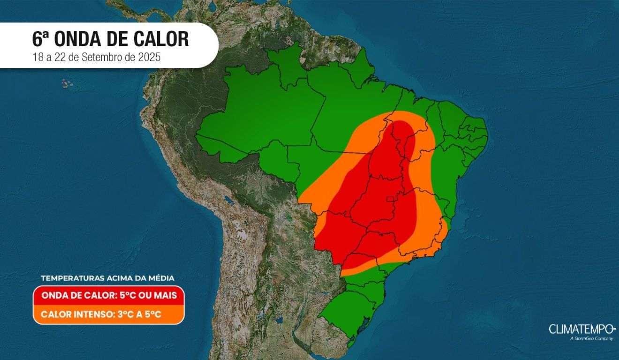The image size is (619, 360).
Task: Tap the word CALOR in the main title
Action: tap(162, 39)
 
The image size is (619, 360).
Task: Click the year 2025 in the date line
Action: tap(151, 57)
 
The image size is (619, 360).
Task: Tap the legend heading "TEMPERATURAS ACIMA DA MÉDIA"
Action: tap(108, 278)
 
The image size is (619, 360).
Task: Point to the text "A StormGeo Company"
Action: tap(591, 338)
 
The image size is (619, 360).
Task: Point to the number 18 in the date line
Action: tap(37, 57)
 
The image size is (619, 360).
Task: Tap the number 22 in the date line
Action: tap(60, 57)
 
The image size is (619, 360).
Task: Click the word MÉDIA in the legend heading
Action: tap(161, 278)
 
